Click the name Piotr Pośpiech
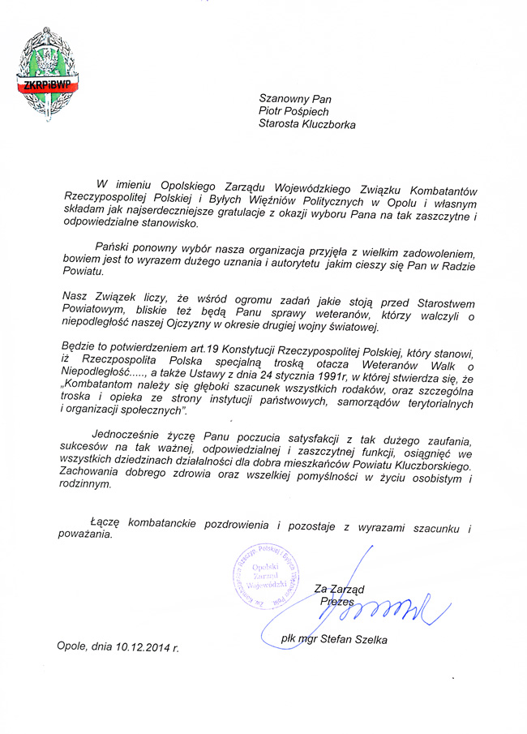pos(294,112)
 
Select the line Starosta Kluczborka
pos(306,125)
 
